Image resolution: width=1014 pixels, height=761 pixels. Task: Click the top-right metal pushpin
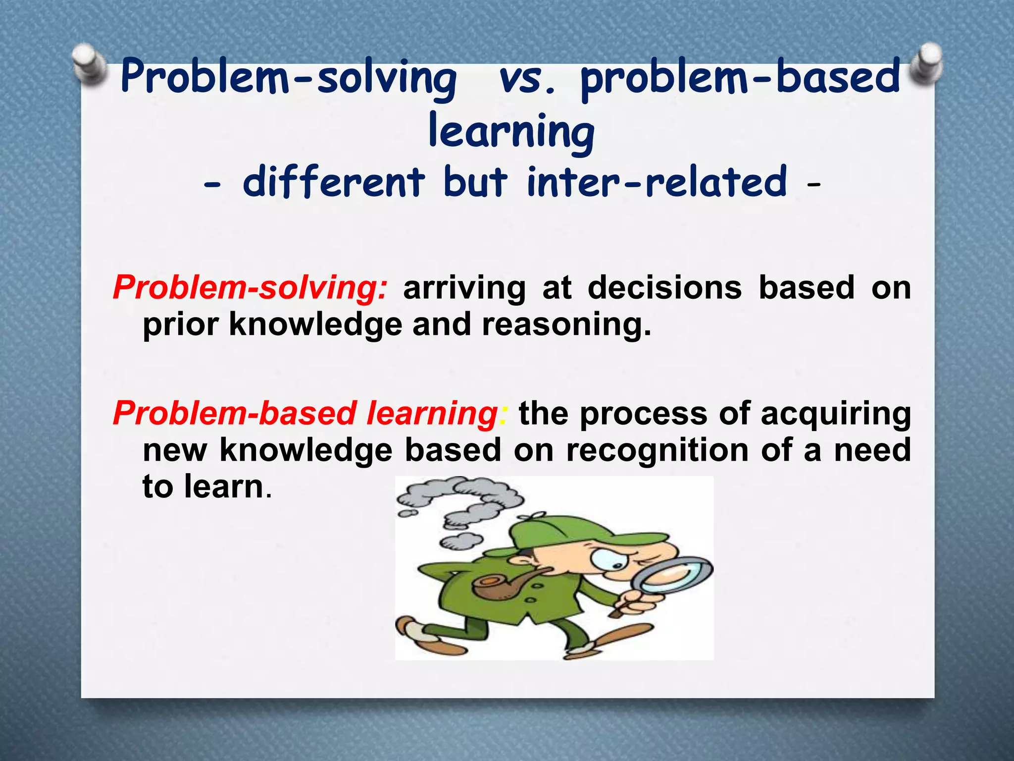(924, 63)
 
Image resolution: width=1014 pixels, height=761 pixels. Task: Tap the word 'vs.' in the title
(528, 79)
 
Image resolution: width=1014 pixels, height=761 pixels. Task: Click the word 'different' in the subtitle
(334, 182)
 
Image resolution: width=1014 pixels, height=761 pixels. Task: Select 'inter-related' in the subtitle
(657, 182)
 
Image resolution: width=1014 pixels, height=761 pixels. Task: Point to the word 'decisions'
(664, 288)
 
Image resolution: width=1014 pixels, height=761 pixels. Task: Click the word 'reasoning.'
(566, 325)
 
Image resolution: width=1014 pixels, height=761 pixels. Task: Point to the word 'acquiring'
(836, 414)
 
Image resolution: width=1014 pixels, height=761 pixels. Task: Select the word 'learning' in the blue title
(511, 131)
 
